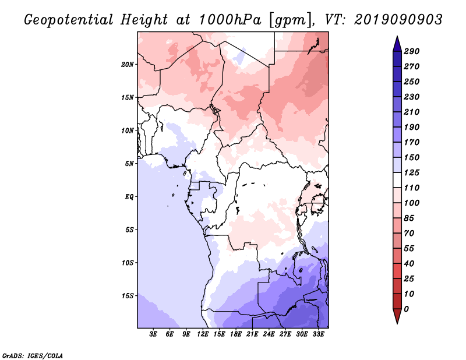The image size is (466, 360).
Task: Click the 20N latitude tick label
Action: [x=128, y=65]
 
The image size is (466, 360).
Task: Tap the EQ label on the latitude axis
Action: [x=129, y=197]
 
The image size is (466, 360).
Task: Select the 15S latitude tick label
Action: [x=128, y=296]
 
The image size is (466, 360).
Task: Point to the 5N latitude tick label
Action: [x=129, y=164]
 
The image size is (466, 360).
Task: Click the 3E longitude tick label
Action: [x=153, y=334]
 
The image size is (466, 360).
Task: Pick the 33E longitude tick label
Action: [x=318, y=334]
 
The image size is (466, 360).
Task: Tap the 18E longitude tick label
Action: [x=236, y=334]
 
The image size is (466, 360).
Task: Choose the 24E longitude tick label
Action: [x=269, y=334]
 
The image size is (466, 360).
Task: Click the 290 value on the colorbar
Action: [x=411, y=51]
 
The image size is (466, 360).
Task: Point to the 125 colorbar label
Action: [x=411, y=172]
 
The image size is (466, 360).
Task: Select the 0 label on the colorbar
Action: [x=406, y=309]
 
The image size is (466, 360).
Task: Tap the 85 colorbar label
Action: [x=409, y=218]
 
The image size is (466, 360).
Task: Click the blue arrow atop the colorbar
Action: [x=397, y=44]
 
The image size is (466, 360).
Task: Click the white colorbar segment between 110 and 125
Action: [x=397, y=180]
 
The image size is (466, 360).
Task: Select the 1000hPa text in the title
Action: [x=230, y=20]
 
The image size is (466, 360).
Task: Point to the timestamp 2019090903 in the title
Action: [x=398, y=20]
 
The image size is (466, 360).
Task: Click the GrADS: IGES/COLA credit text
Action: [x=33, y=356]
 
